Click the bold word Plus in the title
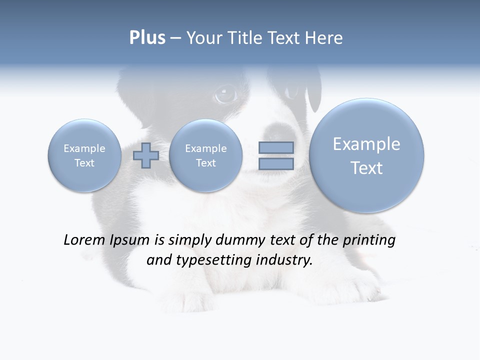point(147,38)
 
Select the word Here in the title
point(325,38)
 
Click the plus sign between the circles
point(146,155)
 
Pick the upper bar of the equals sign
point(276,147)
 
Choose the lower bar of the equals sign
point(276,164)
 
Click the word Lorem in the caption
point(82,240)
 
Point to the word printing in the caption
point(369,240)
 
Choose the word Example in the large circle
point(366,144)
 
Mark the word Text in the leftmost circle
point(84,163)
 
